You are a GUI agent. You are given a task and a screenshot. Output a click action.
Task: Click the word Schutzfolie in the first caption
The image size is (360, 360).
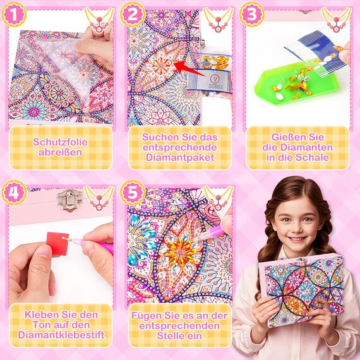60,141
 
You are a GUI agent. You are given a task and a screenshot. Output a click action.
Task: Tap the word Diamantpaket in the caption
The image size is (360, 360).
179,158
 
